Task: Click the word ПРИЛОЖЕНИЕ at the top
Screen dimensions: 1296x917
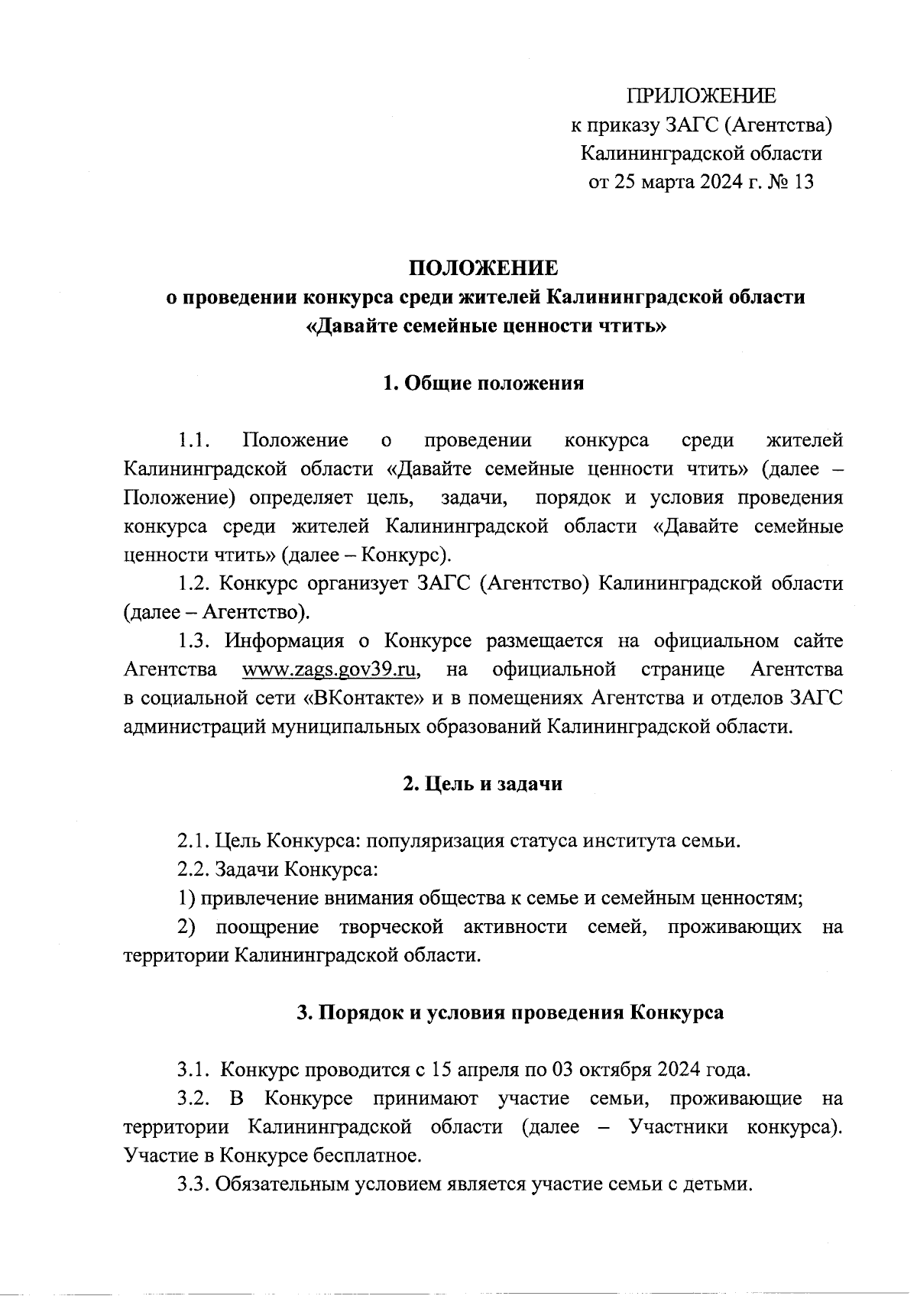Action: [701, 96]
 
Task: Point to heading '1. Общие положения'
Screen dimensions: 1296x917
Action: [483, 384]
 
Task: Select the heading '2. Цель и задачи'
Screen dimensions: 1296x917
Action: [483, 784]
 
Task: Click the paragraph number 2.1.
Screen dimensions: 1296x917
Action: [193, 841]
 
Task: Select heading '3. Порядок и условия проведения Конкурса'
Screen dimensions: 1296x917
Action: [510, 1013]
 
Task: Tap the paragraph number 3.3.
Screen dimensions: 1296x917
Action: [193, 1184]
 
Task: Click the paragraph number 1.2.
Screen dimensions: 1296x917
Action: [193, 585]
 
